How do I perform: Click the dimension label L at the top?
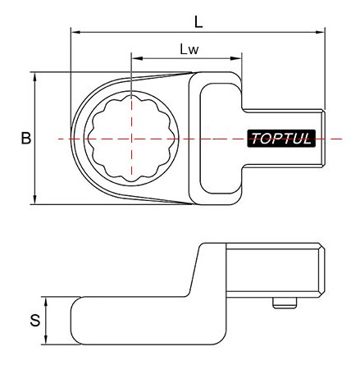pyautogui.click(x=198, y=22)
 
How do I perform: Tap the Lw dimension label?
pyautogui.click(x=189, y=49)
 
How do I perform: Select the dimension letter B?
pyautogui.click(x=26, y=138)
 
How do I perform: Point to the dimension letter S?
pyautogui.click(x=35, y=321)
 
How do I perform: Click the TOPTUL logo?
pyautogui.click(x=281, y=139)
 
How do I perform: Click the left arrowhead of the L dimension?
pyautogui.click(x=75, y=32)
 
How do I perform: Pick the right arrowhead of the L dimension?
pyautogui.click(x=320, y=32)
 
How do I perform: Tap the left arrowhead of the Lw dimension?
pyautogui.click(x=137, y=58)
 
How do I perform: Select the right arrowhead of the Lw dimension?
pyautogui.click(x=237, y=58)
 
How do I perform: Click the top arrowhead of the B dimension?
pyautogui.click(x=34, y=77)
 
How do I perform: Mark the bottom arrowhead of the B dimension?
pyautogui.click(x=34, y=199)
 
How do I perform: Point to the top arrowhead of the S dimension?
pyautogui.click(x=46, y=302)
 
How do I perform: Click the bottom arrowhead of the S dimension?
pyautogui.click(x=46, y=340)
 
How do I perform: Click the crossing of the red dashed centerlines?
pyautogui.click(x=131, y=139)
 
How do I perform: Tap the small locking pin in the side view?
pyautogui.click(x=285, y=303)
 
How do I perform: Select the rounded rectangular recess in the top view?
pyautogui.click(x=221, y=139)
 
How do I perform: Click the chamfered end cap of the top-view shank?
pyautogui.click(x=323, y=139)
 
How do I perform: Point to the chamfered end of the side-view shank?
pyautogui.click(x=322, y=271)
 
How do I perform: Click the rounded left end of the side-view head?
pyautogui.click(x=75, y=321)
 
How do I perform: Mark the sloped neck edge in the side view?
pyautogui.click(x=194, y=271)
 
